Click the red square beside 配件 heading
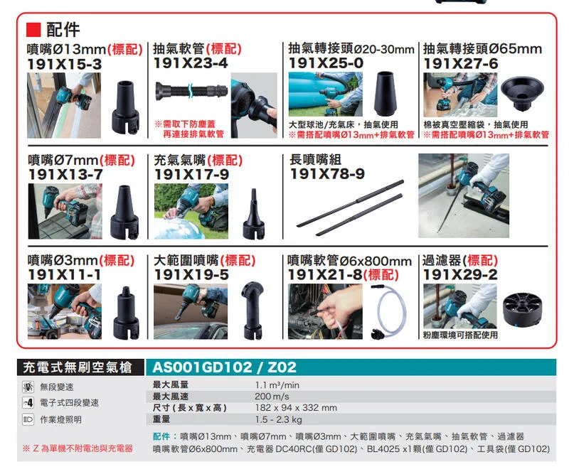[33, 30]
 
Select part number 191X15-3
[65, 64]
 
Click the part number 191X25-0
[326, 64]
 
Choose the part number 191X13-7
[65, 174]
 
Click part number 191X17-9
[191, 174]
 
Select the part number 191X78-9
[327, 174]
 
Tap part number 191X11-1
[65, 274]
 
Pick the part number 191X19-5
[191, 274]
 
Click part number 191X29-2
[460, 274]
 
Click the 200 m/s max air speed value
[272, 396]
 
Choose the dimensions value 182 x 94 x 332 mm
[296, 408]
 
